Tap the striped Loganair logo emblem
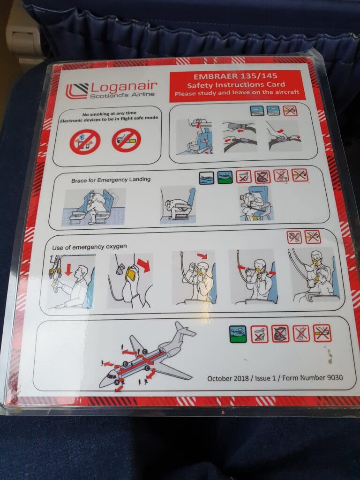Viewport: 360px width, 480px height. pos(77,91)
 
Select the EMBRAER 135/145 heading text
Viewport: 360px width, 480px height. pos(235,76)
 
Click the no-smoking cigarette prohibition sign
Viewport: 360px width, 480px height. pos(126,140)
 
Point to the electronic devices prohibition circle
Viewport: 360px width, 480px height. pos(85,142)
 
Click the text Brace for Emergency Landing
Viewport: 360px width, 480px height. pos(111,180)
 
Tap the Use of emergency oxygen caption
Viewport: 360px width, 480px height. pos(89,247)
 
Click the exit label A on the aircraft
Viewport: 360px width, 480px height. pos(117,382)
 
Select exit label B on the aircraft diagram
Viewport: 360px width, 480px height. pos(125,364)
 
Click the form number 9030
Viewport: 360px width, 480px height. pos(335,377)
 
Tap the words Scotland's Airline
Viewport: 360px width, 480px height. pos(122,95)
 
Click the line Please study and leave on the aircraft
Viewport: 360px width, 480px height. pos(237,92)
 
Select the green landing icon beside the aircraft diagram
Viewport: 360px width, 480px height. pos(238,334)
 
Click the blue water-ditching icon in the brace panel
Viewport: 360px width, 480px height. pos(207,178)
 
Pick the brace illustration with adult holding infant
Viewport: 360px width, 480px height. pos(256,203)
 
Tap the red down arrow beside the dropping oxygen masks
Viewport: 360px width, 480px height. pos(68,270)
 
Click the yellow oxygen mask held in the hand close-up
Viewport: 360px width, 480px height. pos(131,273)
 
